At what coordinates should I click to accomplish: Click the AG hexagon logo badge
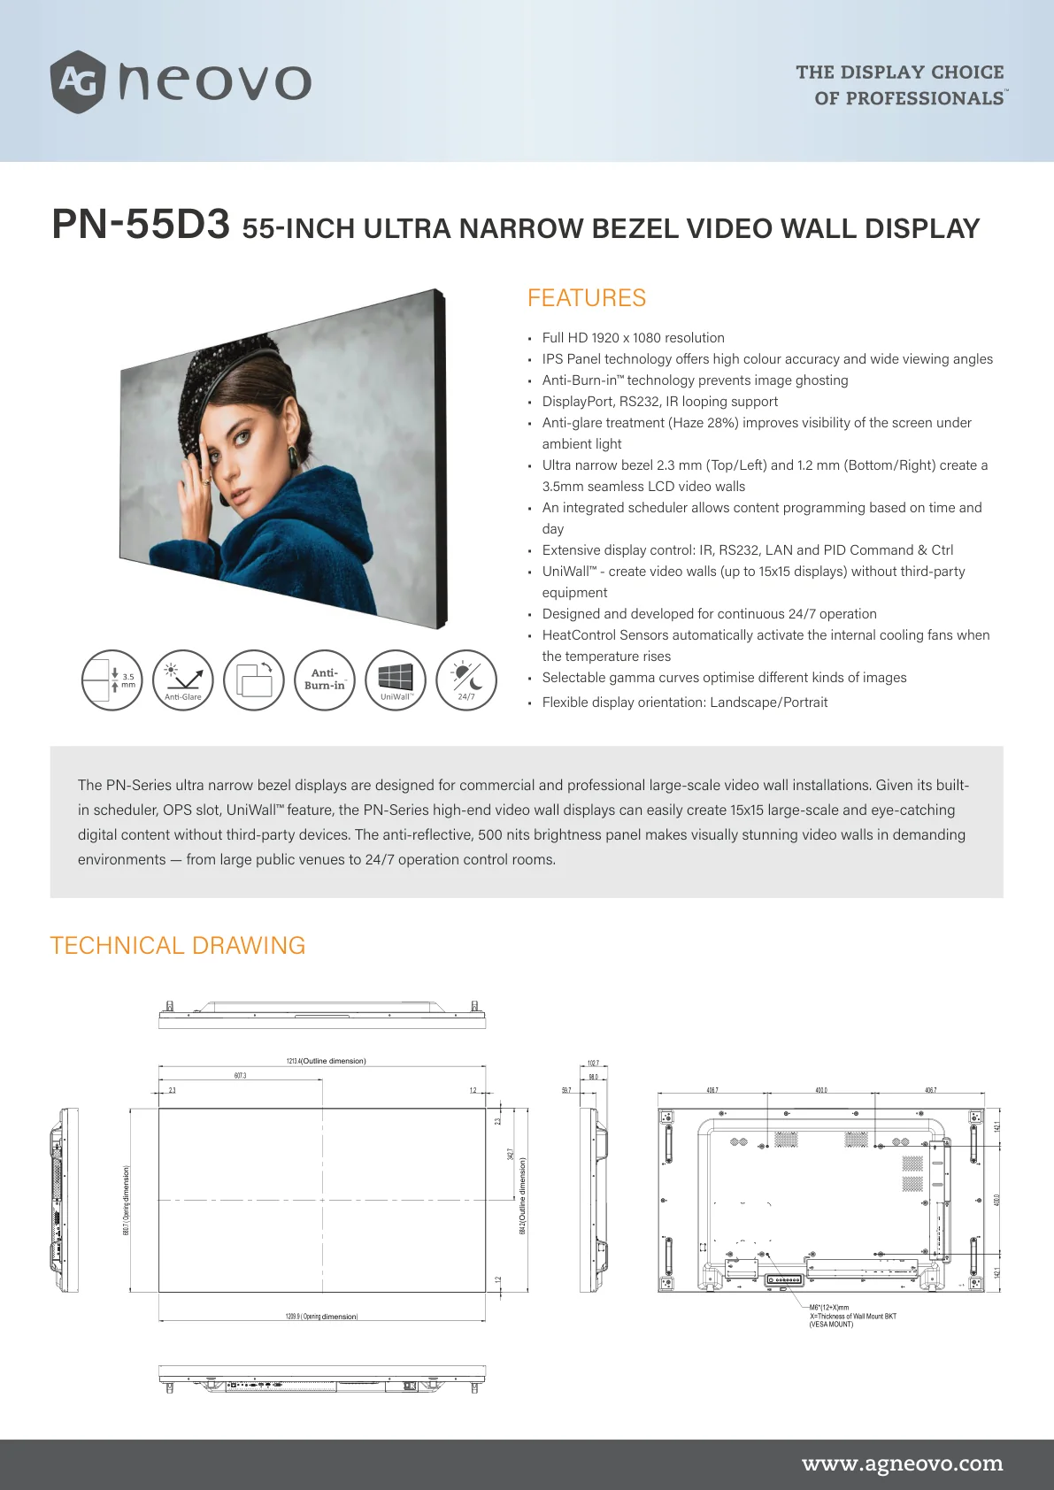click(78, 82)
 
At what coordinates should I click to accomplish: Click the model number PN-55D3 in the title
click(141, 225)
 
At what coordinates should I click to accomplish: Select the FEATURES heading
click(586, 298)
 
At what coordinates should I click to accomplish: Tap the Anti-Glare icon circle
click(183, 680)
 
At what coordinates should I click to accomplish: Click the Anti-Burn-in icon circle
click(325, 680)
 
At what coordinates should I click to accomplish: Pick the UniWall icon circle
click(396, 680)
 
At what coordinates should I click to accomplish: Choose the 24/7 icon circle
click(466, 680)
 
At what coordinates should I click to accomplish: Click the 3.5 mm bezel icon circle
click(112, 680)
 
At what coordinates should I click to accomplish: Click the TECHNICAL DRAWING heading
click(178, 946)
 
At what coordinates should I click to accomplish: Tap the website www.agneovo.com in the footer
click(902, 1463)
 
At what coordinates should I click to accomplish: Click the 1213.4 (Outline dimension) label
click(326, 1061)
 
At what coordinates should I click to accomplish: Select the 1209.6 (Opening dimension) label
click(321, 1317)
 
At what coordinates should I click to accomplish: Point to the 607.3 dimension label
click(240, 1076)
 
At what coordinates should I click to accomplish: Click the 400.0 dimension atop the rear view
click(820, 1090)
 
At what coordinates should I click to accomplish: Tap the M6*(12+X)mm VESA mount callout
click(829, 1307)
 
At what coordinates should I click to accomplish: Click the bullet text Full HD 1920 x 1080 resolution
click(633, 338)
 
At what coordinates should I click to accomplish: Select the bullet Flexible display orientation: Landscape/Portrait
click(685, 703)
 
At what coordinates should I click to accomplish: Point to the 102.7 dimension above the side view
click(593, 1064)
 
